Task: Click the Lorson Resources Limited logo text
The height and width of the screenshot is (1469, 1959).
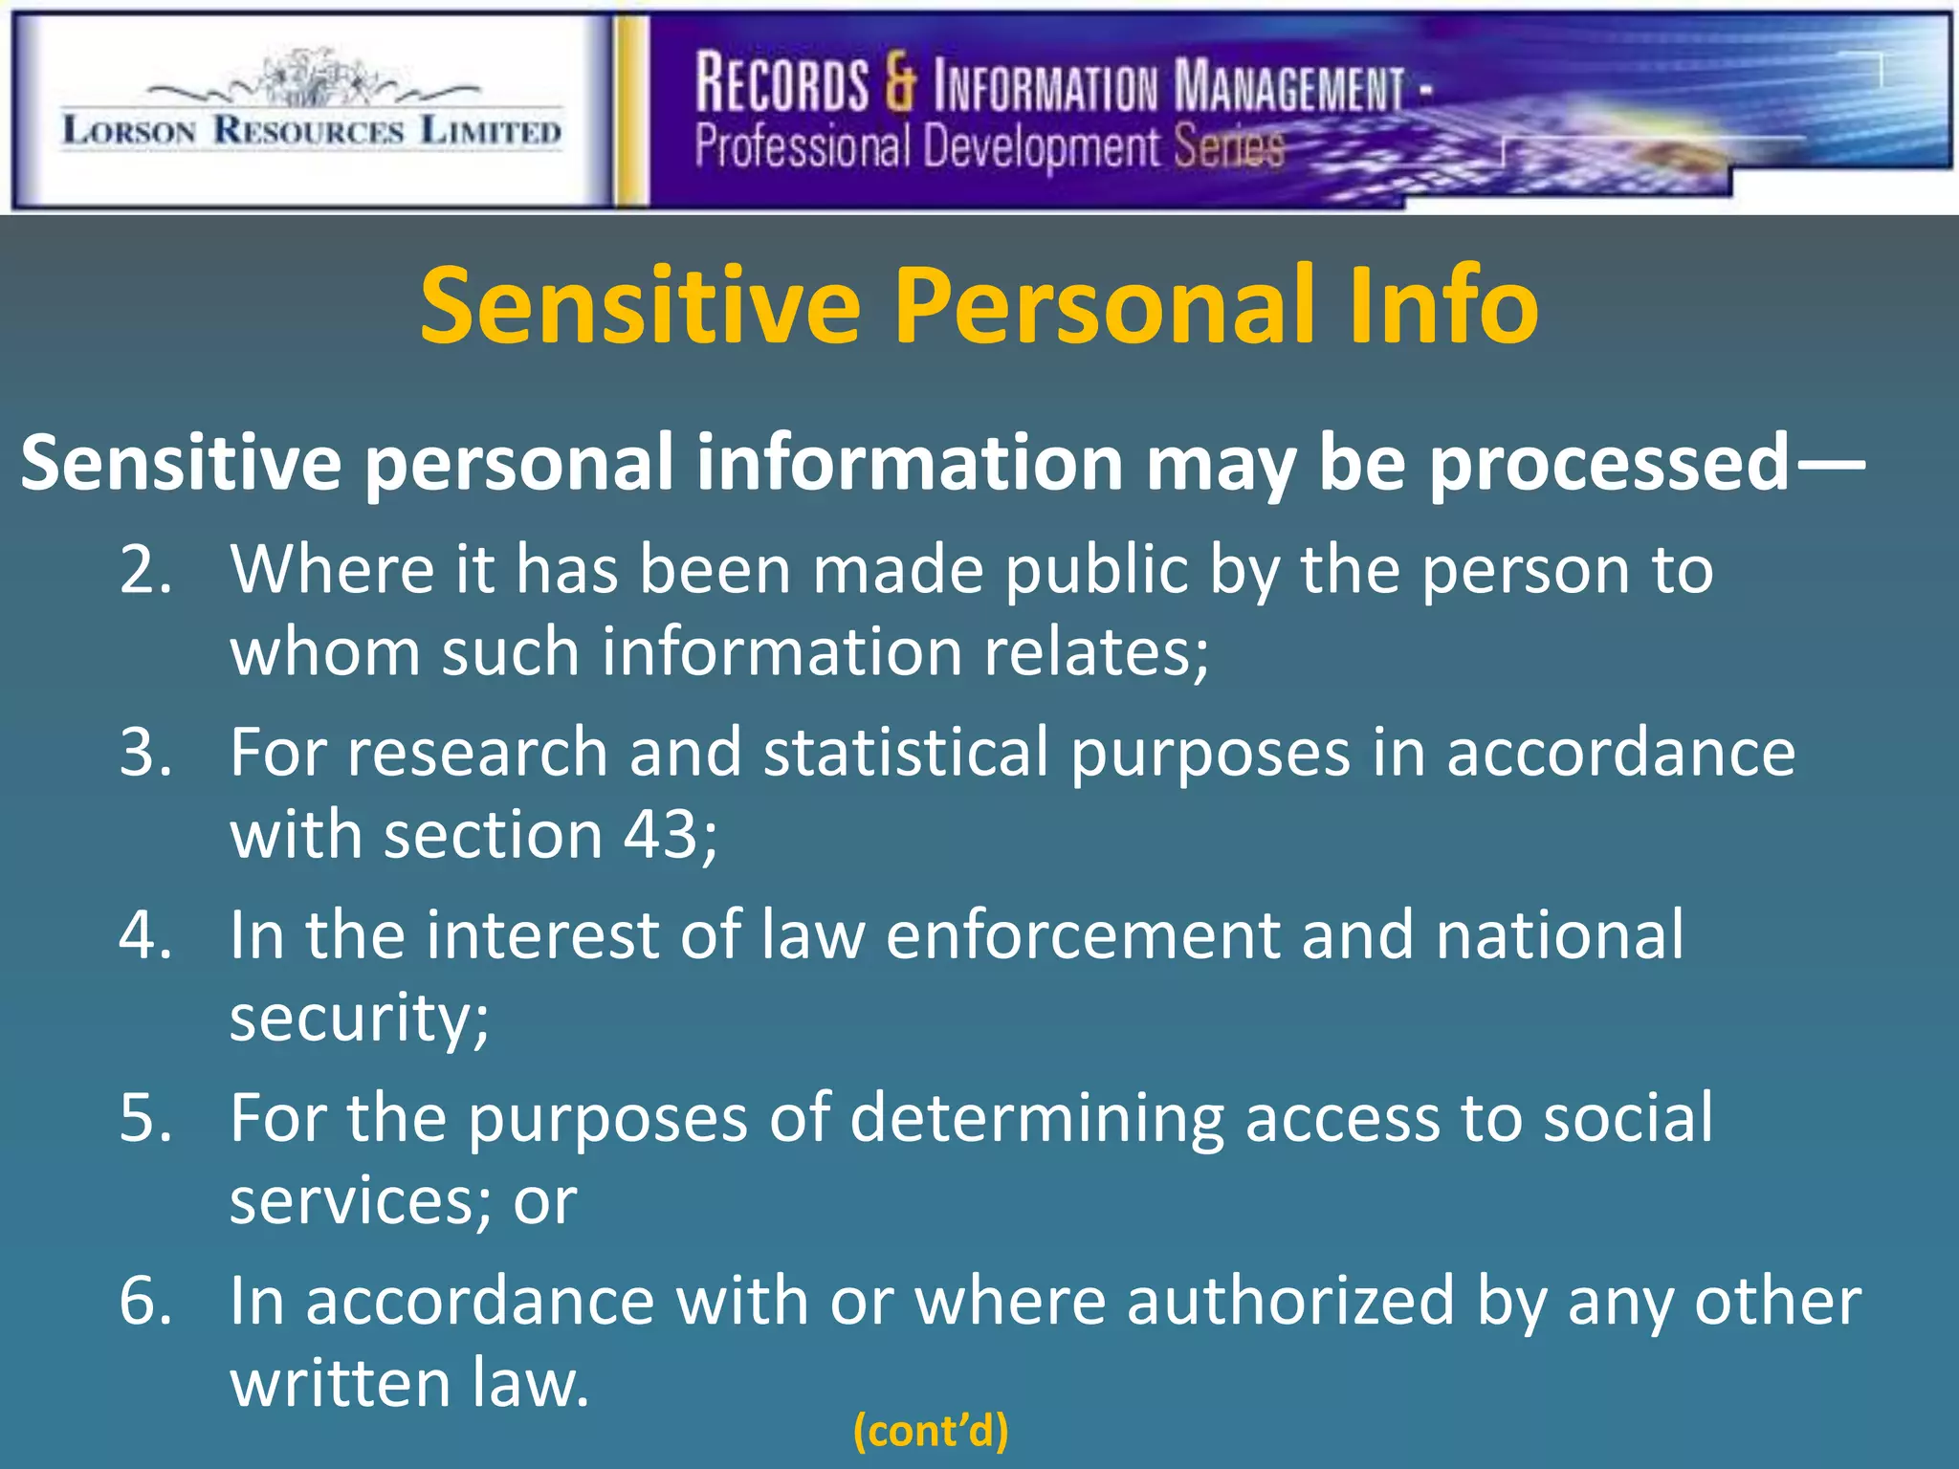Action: pos(312,129)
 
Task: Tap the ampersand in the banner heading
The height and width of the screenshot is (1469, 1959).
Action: pos(900,83)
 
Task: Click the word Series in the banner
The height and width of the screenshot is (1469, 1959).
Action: pos(1228,147)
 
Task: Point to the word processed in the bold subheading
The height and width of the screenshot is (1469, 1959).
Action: pos(1607,463)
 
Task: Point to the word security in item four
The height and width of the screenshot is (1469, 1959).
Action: pos(360,1018)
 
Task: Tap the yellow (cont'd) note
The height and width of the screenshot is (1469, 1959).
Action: pos(930,1431)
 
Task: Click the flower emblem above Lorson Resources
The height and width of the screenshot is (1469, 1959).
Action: pos(312,79)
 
